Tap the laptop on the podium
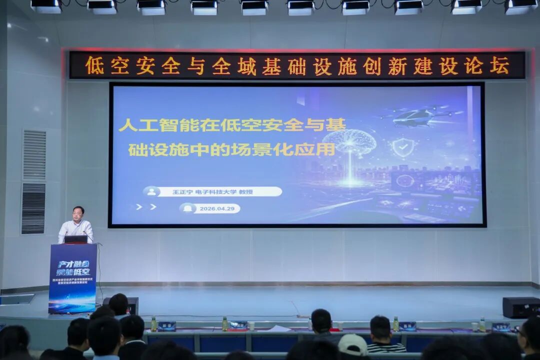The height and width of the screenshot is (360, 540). [x=75, y=239]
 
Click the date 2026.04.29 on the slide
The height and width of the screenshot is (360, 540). [x=216, y=208]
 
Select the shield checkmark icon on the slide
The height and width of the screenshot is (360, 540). [x=402, y=147]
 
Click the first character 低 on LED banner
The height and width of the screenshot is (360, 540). [x=94, y=65]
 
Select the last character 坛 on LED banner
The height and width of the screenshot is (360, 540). [x=499, y=65]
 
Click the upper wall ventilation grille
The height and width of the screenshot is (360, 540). [x=34, y=155]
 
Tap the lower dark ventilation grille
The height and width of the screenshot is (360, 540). [x=33, y=208]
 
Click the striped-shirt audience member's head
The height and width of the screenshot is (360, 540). [x=380, y=327]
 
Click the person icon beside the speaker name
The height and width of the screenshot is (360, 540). [x=151, y=191]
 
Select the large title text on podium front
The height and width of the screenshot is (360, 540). [x=73, y=267]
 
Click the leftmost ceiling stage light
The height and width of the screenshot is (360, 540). [x=45, y=6]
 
